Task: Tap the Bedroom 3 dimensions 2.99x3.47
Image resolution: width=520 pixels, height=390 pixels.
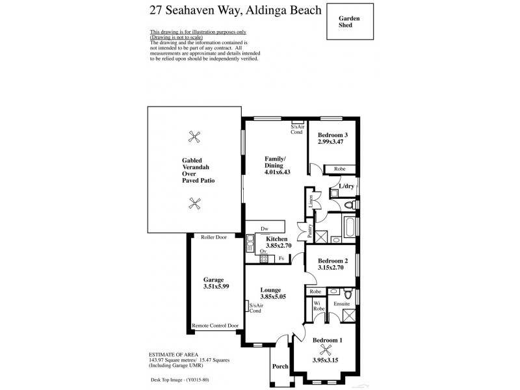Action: tap(333, 141)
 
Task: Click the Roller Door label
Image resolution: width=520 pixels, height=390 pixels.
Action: tap(213, 237)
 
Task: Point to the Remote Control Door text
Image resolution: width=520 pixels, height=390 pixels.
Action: tap(215, 325)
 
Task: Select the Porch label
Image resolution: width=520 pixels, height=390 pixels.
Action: tap(280, 365)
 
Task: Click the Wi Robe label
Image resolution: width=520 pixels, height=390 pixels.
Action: tap(318, 306)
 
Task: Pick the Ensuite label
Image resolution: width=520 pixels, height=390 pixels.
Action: tap(342, 303)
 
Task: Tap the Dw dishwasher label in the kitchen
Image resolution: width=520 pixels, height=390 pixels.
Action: tap(264, 229)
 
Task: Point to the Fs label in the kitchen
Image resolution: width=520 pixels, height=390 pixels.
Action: tap(281, 258)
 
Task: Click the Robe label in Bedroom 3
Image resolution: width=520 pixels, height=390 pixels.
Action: tap(339, 168)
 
